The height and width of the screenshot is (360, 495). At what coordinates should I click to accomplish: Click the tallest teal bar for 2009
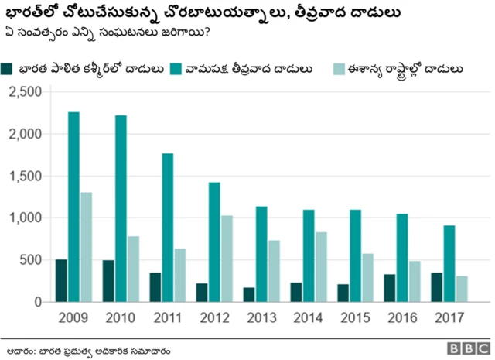point(74,207)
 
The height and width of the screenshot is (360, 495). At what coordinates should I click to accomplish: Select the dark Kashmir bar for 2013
point(248,294)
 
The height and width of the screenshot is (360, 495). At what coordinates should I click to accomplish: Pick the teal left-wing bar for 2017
point(449,263)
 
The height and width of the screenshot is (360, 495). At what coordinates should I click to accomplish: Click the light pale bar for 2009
point(86,247)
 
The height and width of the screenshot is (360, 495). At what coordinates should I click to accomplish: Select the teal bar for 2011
point(168,228)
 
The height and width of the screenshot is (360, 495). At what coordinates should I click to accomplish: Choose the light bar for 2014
point(320,266)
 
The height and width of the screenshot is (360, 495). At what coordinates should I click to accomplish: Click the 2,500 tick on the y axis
point(25,92)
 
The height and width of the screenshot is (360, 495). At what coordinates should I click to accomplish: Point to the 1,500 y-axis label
point(25,176)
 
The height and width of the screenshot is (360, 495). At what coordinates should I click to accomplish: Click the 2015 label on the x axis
point(355,317)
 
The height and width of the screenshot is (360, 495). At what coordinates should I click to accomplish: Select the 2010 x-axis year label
point(121,317)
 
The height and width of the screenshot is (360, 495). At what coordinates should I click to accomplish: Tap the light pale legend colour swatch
point(337,69)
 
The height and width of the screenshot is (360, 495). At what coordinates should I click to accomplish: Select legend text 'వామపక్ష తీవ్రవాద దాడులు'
point(254,69)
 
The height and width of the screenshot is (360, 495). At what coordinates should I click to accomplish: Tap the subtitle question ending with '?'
point(105,33)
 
